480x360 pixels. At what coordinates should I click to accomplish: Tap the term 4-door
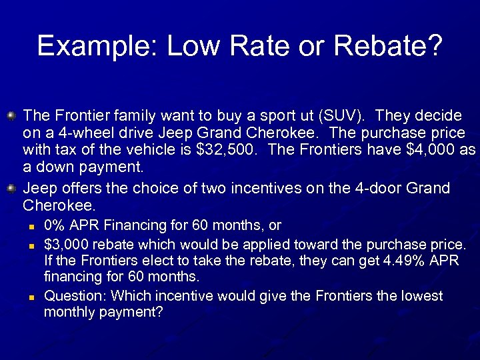(381, 189)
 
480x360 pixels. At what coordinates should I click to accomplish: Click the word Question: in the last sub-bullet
(75, 295)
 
